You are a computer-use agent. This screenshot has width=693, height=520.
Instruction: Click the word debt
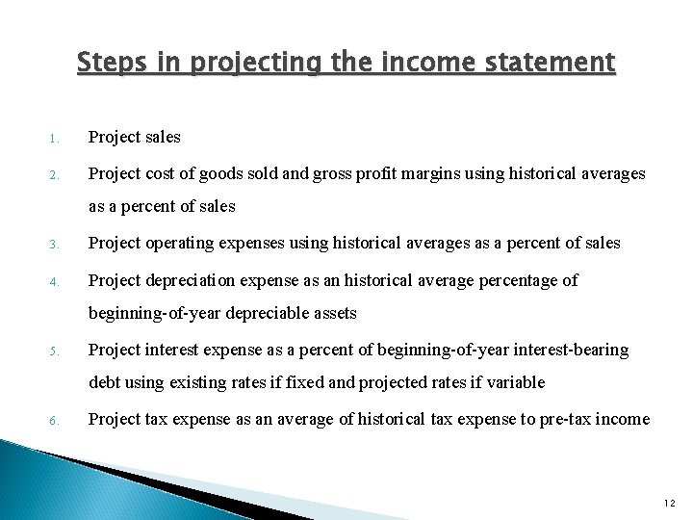pos(104,382)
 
